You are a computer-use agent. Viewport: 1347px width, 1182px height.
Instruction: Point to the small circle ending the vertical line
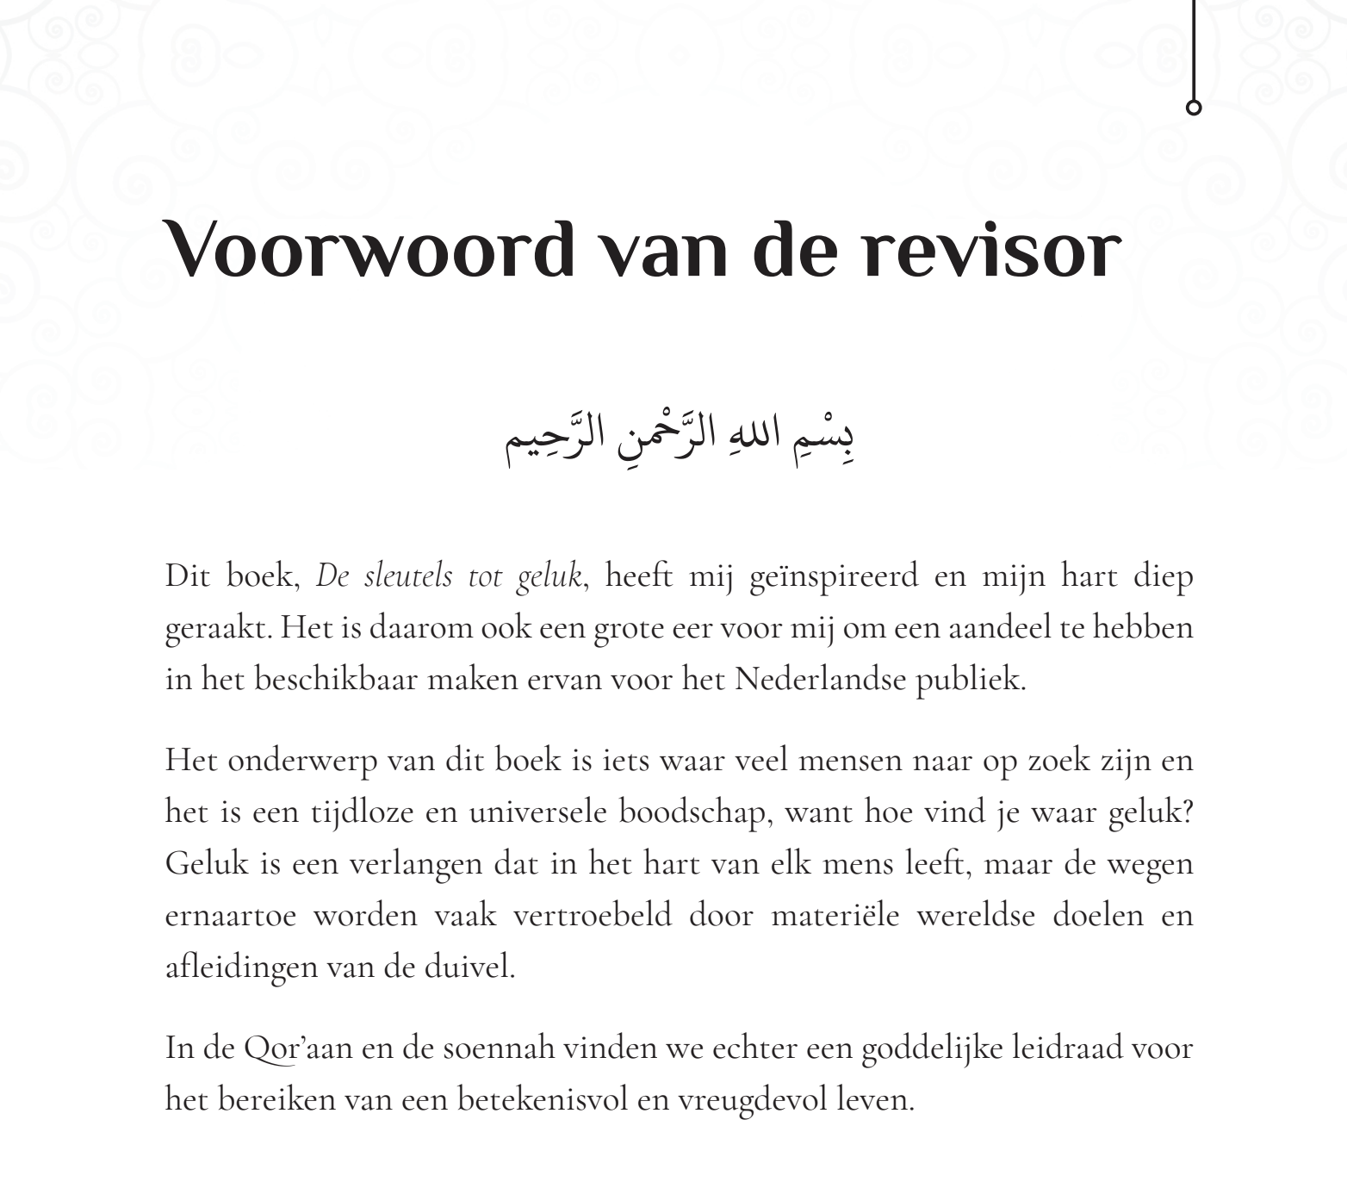pyautogui.click(x=1194, y=108)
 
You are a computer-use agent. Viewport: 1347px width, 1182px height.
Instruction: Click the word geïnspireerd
pyautogui.click(x=834, y=575)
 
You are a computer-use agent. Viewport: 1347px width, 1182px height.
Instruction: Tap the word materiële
pyautogui.click(x=835, y=915)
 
